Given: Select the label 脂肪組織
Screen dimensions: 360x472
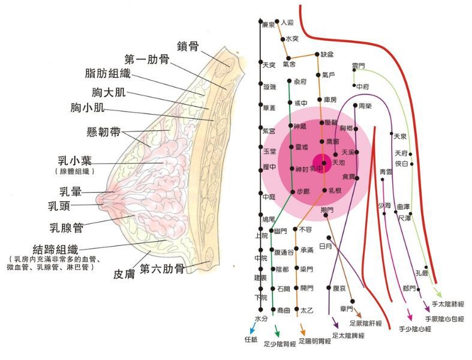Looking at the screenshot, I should tap(107, 74).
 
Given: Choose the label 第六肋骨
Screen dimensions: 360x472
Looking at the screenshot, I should tap(162, 269).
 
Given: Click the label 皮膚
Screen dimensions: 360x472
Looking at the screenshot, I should tap(127, 275).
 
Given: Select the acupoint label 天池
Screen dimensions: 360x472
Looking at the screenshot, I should tap(338, 162).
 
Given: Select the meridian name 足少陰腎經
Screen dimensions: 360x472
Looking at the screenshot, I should tap(280, 346).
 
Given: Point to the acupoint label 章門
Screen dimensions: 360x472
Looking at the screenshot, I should tap(347, 308).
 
